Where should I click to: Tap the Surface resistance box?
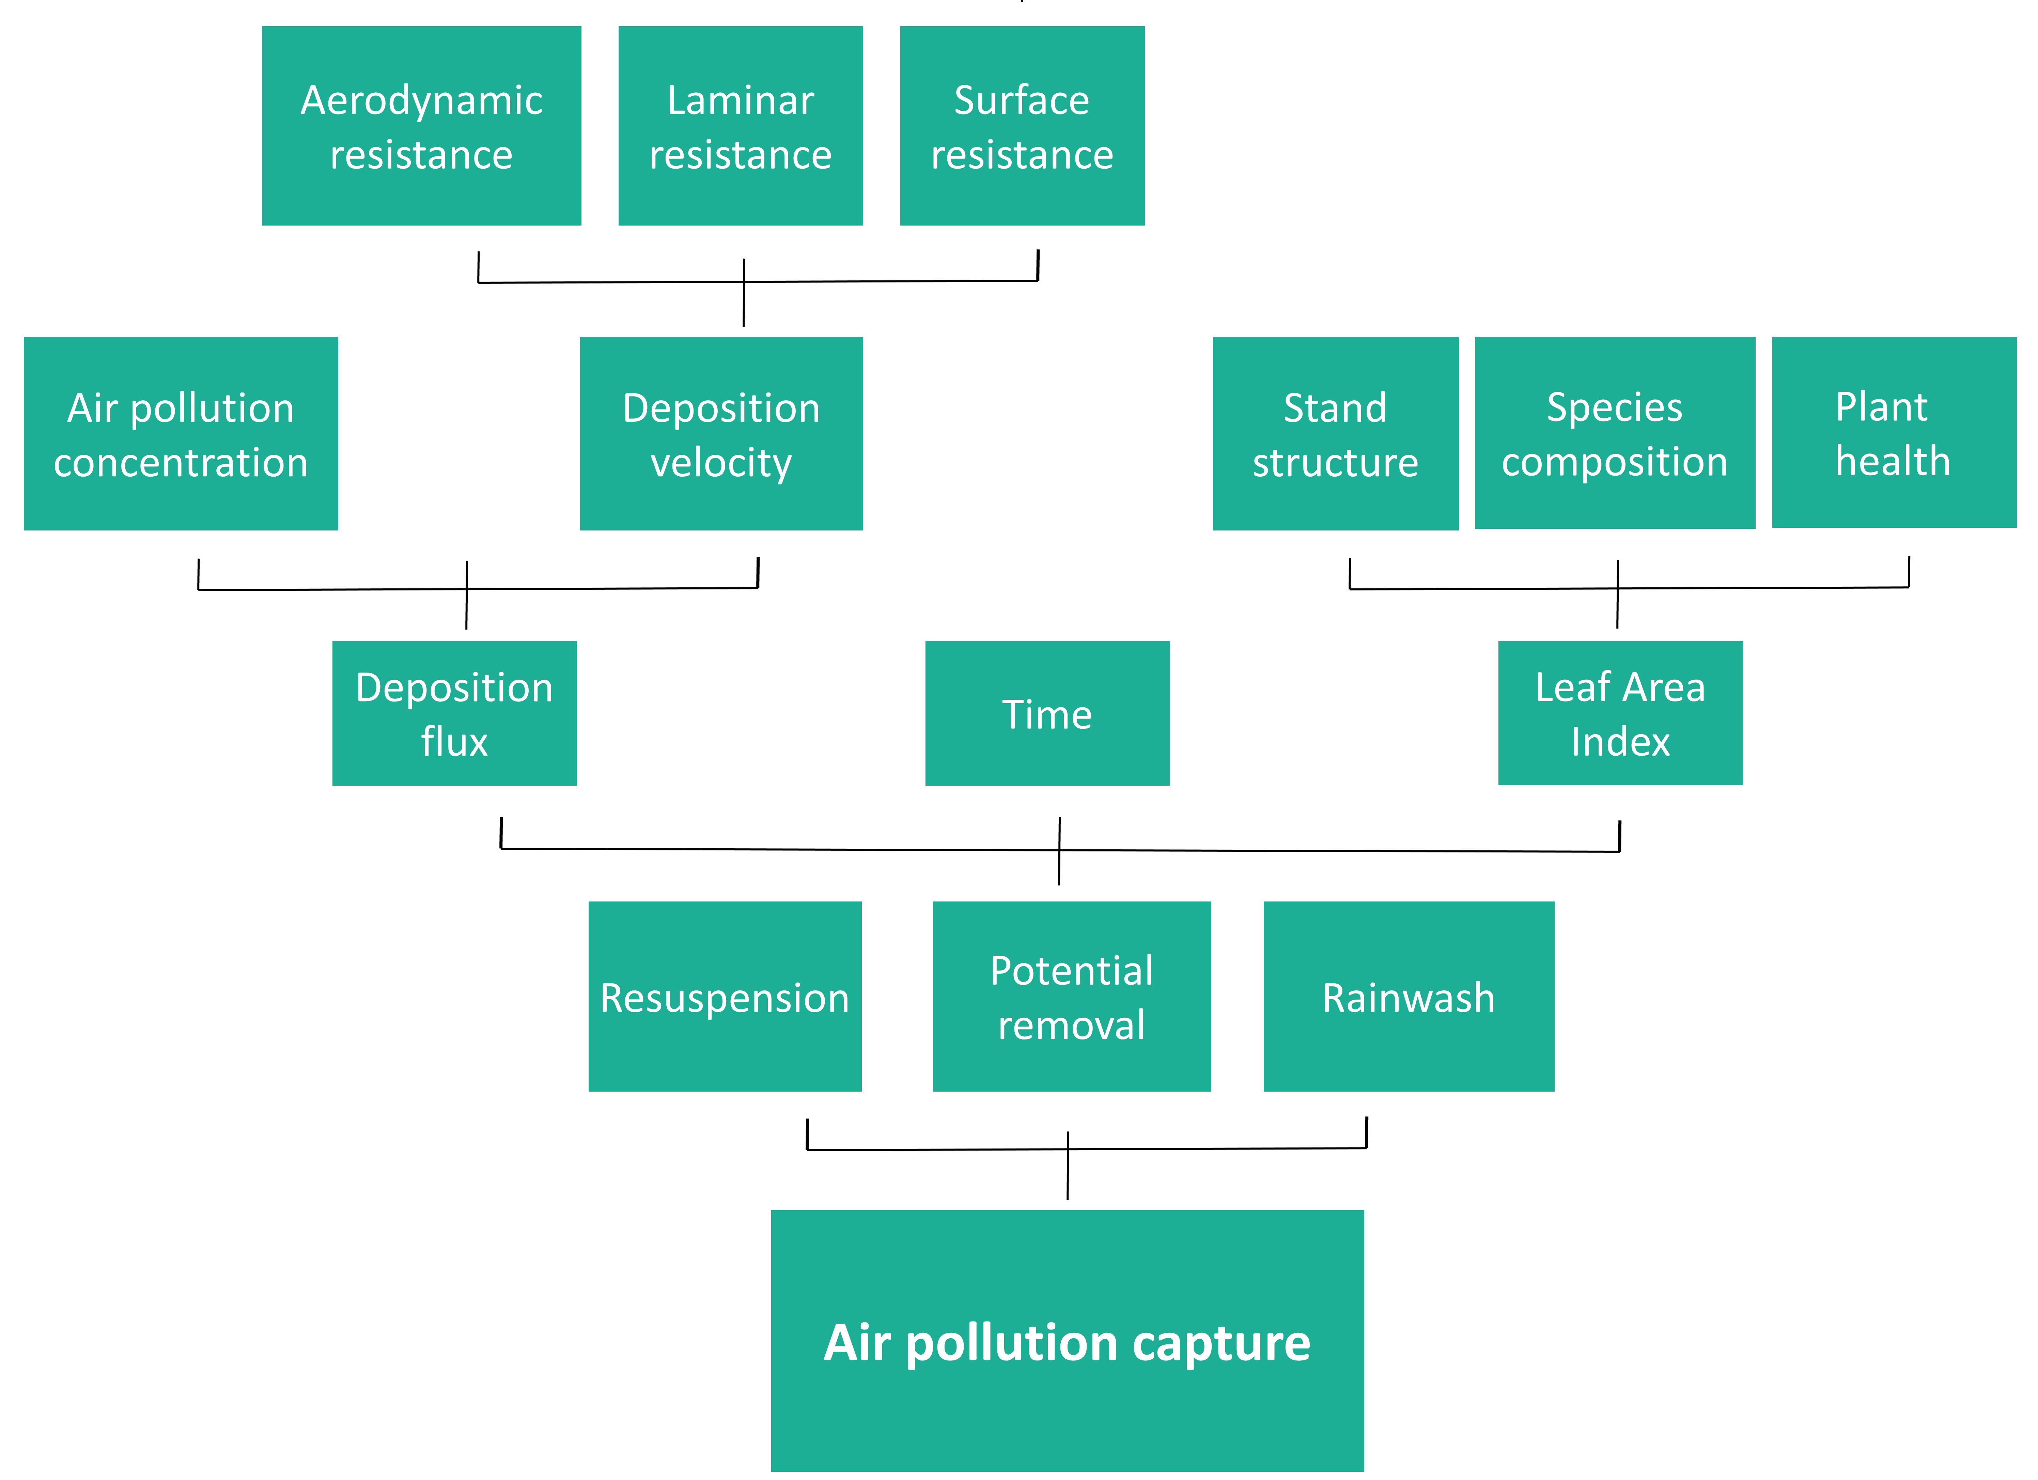(1022, 126)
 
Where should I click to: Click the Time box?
(1047, 713)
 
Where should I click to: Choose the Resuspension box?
(724, 997)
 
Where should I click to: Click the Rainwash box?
(1408, 997)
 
